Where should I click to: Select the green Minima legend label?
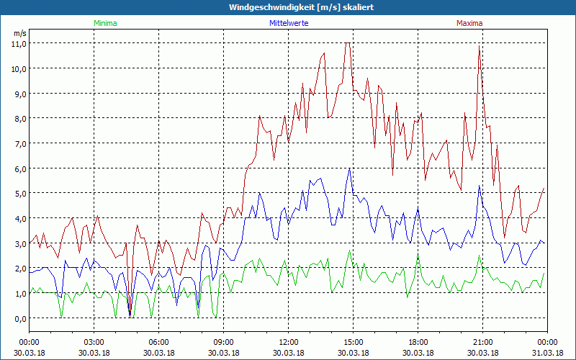click(105, 23)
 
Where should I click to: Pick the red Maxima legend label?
click(469, 23)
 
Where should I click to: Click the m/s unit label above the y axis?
click(19, 33)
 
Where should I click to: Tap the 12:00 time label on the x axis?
click(289, 342)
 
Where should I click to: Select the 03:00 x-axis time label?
click(94, 342)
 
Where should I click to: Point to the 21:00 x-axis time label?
click(483, 342)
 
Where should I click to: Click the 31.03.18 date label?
click(547, 353)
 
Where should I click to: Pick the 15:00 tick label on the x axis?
click(354, 342)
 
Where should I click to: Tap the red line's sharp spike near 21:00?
click(479, 46)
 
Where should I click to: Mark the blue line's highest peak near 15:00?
click(349, 168)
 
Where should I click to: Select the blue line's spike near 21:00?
click(479, 185)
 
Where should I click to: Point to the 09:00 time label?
click(224, 342)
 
